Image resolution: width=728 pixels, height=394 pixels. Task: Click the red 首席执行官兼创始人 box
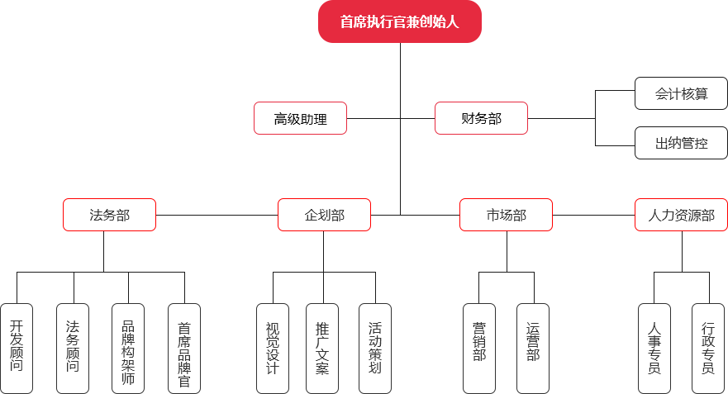(x=400, y=21)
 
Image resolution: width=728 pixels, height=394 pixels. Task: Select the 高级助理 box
(x=300, y=118)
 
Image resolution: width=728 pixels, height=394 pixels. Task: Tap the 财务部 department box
(x=481, y=118)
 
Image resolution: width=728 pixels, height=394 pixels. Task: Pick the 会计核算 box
(x=681, y=93)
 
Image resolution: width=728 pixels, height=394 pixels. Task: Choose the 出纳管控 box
(x=681, y=143)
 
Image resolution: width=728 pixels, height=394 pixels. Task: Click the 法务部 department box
(x=109, y=215)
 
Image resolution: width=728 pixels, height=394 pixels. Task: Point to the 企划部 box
(x=324, y=215)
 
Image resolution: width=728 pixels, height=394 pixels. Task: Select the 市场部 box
(x=506, y=215)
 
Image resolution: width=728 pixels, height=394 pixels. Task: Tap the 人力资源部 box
(x=681, y=215)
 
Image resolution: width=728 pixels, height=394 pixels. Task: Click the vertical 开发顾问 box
(x=17, y=348)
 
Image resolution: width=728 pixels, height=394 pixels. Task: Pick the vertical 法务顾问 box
(x=73, y=348)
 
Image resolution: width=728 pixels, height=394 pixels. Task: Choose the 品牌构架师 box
(x=128, y=348)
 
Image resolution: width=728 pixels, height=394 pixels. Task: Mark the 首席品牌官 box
(x=183, y=348)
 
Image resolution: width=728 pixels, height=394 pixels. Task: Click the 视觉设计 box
(x=273, y=348)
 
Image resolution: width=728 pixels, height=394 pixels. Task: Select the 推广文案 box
(x=322, y=348)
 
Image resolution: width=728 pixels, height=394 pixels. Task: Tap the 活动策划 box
(x=375, y=348)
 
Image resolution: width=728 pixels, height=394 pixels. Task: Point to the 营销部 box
(x=479, y=348)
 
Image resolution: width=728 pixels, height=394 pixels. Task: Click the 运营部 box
(x=533, y=348)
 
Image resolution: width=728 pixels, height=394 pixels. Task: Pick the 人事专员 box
(x=654, y=348)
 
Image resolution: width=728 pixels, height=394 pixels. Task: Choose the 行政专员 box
(x=708, y=348)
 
